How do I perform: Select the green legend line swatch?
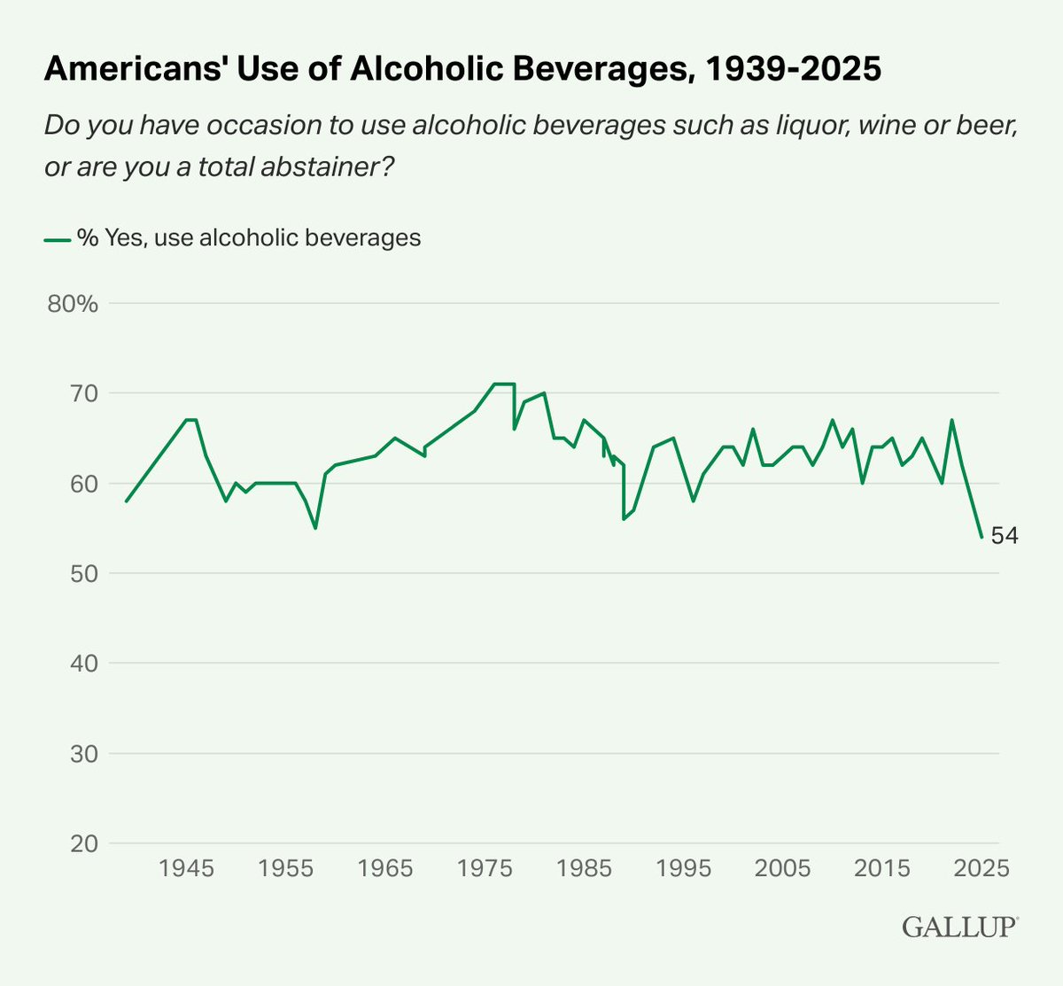click(x=57, y=238)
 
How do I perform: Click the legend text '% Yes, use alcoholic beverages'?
click(x=249, y=237)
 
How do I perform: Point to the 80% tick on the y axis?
click(x=73, y=304)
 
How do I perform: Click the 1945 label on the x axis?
click(x=186, y=868)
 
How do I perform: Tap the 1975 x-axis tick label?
click(x=485, y=868)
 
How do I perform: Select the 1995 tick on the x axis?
click(x=683, y=868)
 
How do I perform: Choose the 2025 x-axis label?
click(x=981, y=868)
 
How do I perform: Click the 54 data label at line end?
click(x=1005, y=536)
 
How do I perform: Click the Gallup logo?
click(x=960, y=928)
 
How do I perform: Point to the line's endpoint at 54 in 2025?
click(x=982, y=537)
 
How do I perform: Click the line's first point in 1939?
click(x=127, y=501)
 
